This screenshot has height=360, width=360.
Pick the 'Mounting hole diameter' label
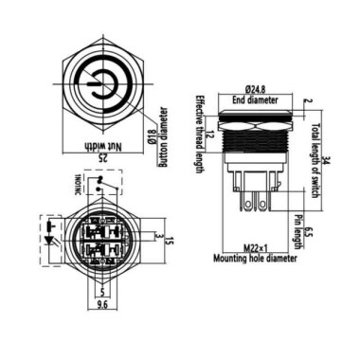(x=257, y=257)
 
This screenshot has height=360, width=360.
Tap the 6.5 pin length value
(x=311, y=229)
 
